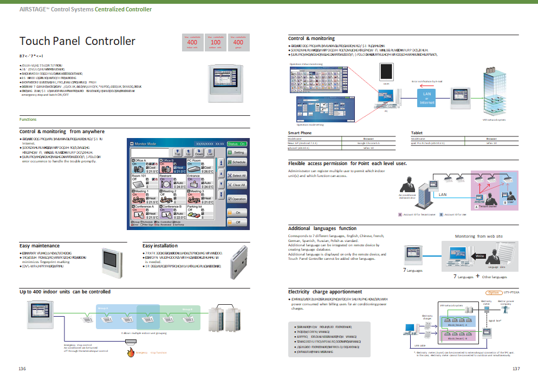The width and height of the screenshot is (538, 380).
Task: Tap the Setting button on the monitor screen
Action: click(238, 153)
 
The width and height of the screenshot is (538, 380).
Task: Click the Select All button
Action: click(238, 175)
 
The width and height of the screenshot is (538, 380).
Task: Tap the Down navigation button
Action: click(199, 153)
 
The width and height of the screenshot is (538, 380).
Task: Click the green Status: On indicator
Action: click(237, 143)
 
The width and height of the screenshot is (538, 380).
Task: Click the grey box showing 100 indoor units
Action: click(215, 42)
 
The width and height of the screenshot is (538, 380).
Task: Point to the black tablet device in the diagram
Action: click(386, 72)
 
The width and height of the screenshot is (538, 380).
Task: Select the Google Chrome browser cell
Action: click(368, 142)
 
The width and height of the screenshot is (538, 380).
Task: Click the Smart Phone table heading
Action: click(300, 132)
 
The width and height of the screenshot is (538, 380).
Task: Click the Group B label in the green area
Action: click(187, 310)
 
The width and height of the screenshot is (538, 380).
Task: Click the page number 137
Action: click(516, 369)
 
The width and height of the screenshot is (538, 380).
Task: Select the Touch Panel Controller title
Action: click(77, 41)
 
